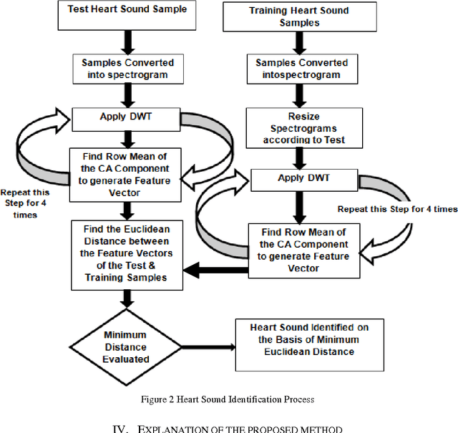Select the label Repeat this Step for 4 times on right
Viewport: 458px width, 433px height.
tap(398, 209)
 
